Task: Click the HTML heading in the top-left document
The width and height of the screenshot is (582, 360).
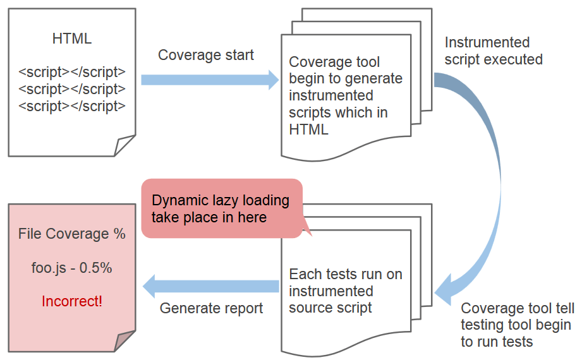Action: point(71,39)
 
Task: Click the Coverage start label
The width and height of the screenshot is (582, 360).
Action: point(205,55)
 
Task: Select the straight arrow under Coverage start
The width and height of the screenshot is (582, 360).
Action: point(209,80)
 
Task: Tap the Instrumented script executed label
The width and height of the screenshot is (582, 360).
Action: point(493,51)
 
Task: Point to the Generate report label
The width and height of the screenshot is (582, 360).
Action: point(211,308)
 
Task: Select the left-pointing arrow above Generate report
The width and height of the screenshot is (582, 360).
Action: point(211,286)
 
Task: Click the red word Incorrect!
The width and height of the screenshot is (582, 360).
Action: point(71,301)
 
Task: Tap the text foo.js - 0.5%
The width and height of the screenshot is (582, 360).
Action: point(71,268)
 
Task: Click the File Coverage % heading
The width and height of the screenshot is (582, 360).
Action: point(71,234)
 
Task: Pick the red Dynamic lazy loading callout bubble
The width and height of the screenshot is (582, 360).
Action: point(221,208)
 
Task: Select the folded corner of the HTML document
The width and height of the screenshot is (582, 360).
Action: point(124,146)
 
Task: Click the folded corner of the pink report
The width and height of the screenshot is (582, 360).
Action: point(124,341)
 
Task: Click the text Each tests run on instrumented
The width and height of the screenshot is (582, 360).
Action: point(345,283)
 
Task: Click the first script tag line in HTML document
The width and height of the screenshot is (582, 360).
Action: point(71,72)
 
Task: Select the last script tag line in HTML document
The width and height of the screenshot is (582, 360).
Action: point(71,106)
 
